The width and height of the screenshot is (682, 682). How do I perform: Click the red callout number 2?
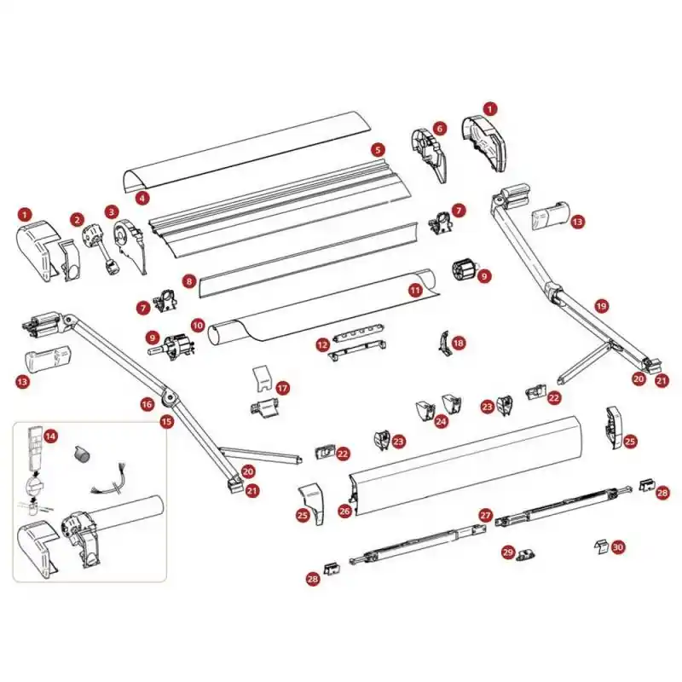pos(78,219)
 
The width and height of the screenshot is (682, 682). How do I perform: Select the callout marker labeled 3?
pos(112,212)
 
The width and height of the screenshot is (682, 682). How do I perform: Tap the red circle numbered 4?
pos(142,199)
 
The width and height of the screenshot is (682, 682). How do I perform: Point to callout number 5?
pos(378,150)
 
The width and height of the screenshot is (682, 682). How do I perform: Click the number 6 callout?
pos(440,129)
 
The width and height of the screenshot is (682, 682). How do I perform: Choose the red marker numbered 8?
pos(188,281)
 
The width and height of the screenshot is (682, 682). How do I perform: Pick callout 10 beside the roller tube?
pos(198,325)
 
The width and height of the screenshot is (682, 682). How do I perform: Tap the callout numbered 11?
pos(416,290)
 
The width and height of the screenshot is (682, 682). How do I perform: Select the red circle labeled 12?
pos(323,345)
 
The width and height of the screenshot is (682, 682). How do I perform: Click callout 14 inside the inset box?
pos(51,436)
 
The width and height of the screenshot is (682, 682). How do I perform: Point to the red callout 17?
pos(283,388)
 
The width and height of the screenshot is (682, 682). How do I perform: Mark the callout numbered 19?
pos(602,306)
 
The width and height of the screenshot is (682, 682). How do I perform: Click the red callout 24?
pos(441,421)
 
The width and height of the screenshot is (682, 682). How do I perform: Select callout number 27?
pos(485,516)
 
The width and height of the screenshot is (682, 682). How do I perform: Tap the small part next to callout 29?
pos(525,555)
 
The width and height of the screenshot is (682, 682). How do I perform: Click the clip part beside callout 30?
pos(601,547)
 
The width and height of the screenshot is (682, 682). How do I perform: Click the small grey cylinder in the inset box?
pos(81,454)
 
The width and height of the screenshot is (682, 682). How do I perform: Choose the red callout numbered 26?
pos(344,511)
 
